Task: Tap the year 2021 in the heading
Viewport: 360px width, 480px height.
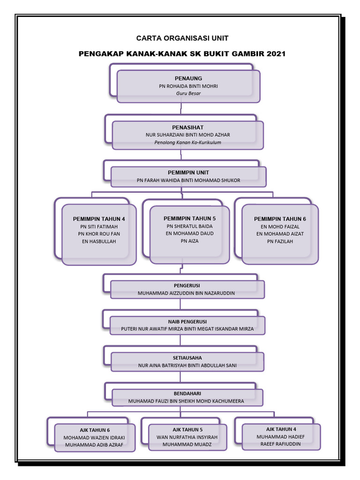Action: point(276,54)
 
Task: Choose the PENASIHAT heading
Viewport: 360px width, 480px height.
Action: point(187,127)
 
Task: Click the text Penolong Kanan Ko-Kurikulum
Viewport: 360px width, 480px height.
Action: point(187,142)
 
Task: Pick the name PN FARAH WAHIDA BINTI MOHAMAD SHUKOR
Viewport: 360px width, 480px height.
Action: point(188,180)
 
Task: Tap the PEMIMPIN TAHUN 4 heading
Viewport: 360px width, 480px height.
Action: point(99,219)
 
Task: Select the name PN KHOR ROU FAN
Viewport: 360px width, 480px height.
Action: point(99,233)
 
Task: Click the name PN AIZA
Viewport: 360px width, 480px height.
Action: point(189,241)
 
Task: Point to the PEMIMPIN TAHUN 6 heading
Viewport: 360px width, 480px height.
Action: point(280,219)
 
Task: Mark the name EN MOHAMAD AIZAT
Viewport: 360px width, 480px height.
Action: point(280,233)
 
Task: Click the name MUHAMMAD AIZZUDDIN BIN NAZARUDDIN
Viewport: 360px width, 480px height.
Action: point(186,293)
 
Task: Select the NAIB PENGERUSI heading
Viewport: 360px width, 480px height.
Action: point(187,322)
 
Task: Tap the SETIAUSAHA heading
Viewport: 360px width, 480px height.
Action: point(187,358)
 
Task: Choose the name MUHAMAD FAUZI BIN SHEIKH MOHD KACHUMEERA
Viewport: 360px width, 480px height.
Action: point(186,401)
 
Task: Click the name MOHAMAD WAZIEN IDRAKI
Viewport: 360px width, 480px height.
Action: point(94,437)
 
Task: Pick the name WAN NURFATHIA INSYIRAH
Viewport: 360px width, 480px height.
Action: point(187,437)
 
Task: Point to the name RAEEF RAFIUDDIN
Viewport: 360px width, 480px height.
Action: point(281,444)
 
